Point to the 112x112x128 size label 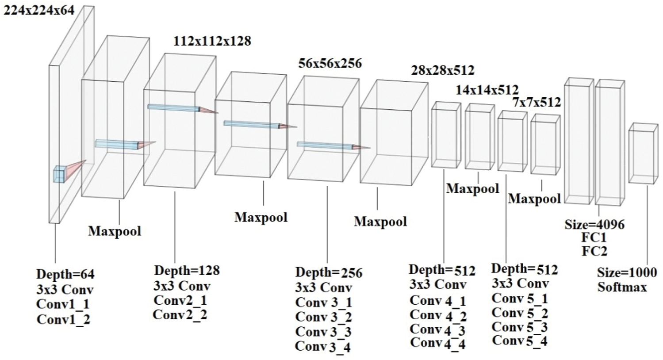tap(212, 41)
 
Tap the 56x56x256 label tap(330, 63)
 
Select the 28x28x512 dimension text tap(442, 70)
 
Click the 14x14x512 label tap(487, 90)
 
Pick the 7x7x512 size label tap(537, 103)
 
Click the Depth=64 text tap(65, 274)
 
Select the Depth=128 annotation tap(187, 270)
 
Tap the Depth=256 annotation tap(329, 272)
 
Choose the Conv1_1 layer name tap(63, 304)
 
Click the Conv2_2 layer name tap(180, 314)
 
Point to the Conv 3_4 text tap(323, 346)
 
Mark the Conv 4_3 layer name tap(438, 329)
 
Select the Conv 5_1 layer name tap(520, 298)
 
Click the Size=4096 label tap(594, 225)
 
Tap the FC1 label tap(594, 238)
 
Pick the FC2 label tap(594, 251)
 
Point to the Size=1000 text tap(626, 272)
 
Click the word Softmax tap(622, 287)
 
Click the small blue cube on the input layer tap(59, 174)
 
